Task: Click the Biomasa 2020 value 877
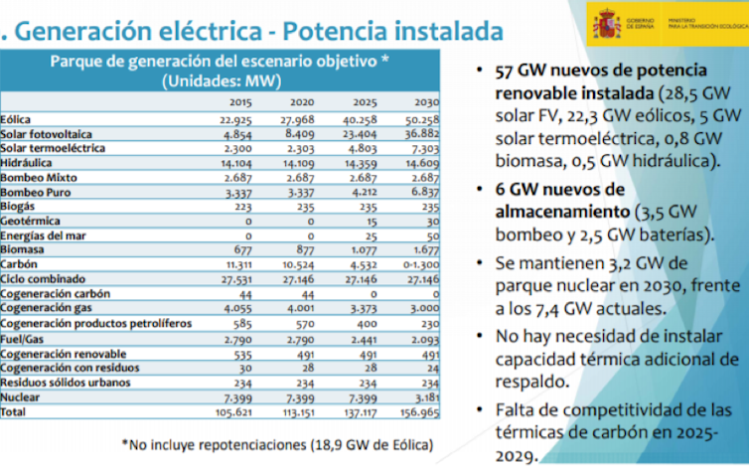click(302, 250)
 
